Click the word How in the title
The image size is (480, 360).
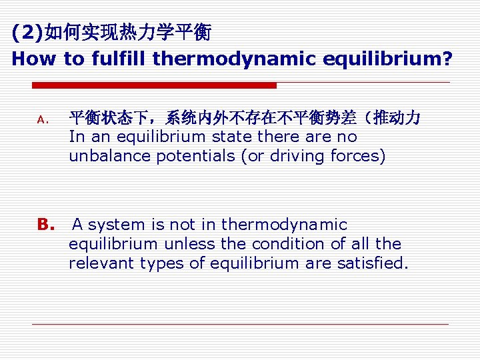point(33,59)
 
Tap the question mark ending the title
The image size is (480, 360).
point(445,59)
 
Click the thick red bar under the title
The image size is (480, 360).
point(154,85)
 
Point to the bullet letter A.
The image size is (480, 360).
point(41,120)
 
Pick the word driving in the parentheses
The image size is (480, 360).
point(299,156)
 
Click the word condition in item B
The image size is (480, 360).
point(280,244)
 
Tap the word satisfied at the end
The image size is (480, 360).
point(373,263)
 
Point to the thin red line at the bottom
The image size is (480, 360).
point(240,324)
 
